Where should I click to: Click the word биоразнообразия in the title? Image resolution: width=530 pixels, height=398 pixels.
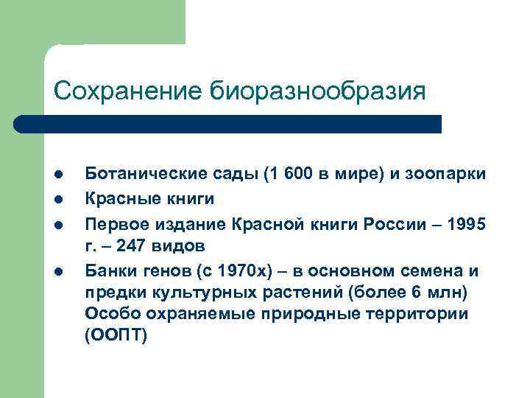pyautogui.click(x=319, y=92)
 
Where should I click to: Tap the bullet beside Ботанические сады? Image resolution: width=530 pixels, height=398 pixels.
pyautogui.click(x=57, y=175)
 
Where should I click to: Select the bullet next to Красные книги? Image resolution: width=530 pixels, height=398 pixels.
pyautogui.click(x=57, y=198)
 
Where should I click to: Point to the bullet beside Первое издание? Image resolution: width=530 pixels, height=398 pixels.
pyautogui.click(x=57, y=223)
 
